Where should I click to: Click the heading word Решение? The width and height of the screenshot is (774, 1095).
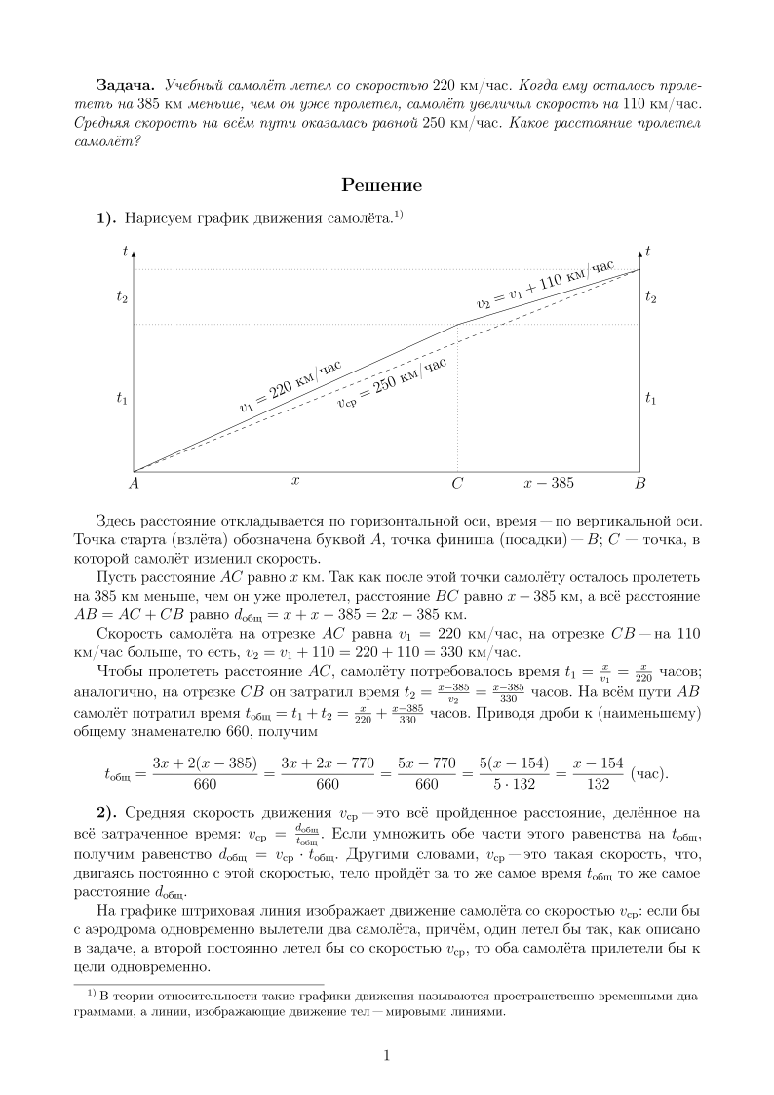click(386, 185)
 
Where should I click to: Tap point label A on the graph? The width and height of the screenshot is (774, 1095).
click(134, 483)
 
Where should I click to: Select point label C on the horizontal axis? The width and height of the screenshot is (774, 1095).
click(457, 483)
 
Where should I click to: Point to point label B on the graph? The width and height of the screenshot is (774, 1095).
click(640, 483)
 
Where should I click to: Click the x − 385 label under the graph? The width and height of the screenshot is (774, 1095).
click(549, 483)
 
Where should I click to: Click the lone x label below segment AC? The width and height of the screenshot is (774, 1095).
click(294, 481)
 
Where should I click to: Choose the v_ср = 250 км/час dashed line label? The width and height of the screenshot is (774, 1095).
click(391, 385)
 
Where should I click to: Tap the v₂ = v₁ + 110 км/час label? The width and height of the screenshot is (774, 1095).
click(545, 285)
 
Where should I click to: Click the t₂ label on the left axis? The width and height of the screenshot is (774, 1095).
click(122, 297)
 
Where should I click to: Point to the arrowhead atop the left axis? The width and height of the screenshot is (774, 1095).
click(134, 253)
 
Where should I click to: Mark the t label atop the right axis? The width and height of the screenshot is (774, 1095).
click(648, 251)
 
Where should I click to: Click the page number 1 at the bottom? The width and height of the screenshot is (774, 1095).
click(387, 1055)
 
